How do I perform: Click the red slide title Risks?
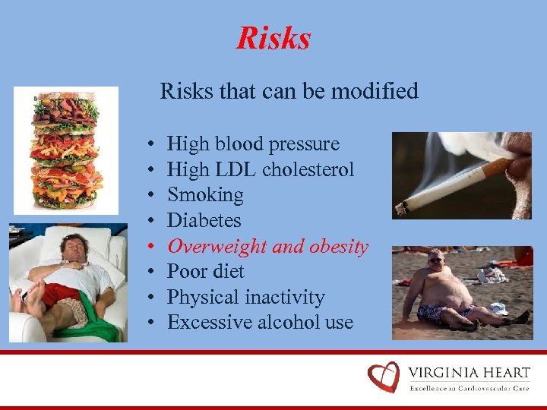[x=273, y=38]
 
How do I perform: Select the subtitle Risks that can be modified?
[x=289, y=92]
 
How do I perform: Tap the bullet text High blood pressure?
[x=253, y=144]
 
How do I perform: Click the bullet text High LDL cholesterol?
[x=261, y=169]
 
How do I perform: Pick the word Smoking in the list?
[x=205, y=195]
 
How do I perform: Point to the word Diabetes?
[x=204, y=221]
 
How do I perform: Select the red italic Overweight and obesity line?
[x=267, y=247]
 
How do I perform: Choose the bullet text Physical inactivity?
[x=245, y=298]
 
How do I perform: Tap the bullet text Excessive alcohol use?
[x=260, y=323]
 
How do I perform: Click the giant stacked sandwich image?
[x=65, y=150]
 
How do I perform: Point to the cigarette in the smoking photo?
[x=448, y=186]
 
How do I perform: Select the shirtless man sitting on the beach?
[x=448, y=292]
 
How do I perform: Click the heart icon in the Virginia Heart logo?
[x=384, y=377]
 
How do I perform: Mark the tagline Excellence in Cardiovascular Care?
[x=470, y=388]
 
